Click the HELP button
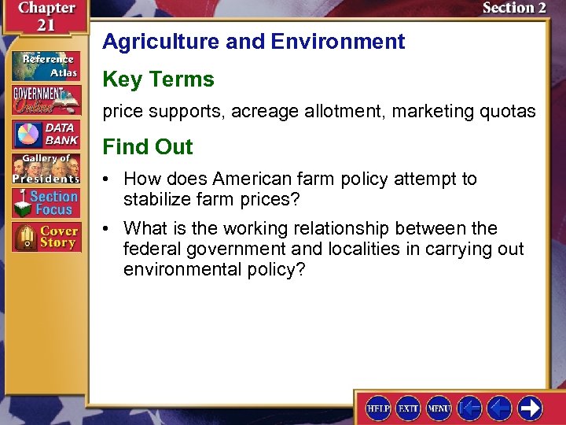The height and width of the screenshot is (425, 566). coord(378,408)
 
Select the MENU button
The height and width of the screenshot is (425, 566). coord(438,408)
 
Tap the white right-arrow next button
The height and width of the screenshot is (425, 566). coord(530,408)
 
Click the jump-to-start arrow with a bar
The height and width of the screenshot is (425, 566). coord(470,408)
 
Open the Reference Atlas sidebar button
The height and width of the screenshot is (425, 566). coord(45,65)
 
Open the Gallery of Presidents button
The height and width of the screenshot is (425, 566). coord(45,168)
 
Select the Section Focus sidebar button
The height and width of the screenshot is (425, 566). coord(45,203)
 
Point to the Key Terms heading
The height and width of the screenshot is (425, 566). coord(158,79)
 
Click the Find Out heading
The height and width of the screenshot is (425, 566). coord(148,147)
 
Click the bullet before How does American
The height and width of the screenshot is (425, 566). coord(108,179)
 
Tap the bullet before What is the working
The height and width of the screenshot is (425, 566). coord(108,229)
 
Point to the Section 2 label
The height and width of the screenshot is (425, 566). coord(514,8)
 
